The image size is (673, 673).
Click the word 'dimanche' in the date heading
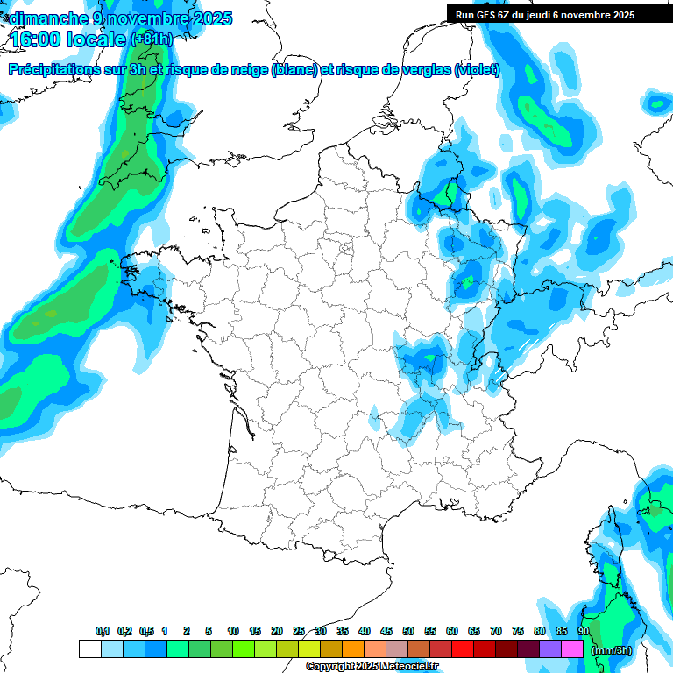point(45,18)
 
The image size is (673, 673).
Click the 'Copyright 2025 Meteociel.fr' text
point(371,667)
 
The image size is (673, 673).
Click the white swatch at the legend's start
point(89,649)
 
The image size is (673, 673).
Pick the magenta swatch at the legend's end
point(572,649)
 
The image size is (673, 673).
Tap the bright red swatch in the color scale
point(462,649)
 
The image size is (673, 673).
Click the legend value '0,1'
point(103,632)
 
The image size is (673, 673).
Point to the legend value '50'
point(408,632)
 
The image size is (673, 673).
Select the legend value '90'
point(583,632)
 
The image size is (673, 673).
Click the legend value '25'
point(299,632)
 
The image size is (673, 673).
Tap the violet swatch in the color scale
point(550,649)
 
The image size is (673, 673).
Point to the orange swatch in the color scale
point(353,649)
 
